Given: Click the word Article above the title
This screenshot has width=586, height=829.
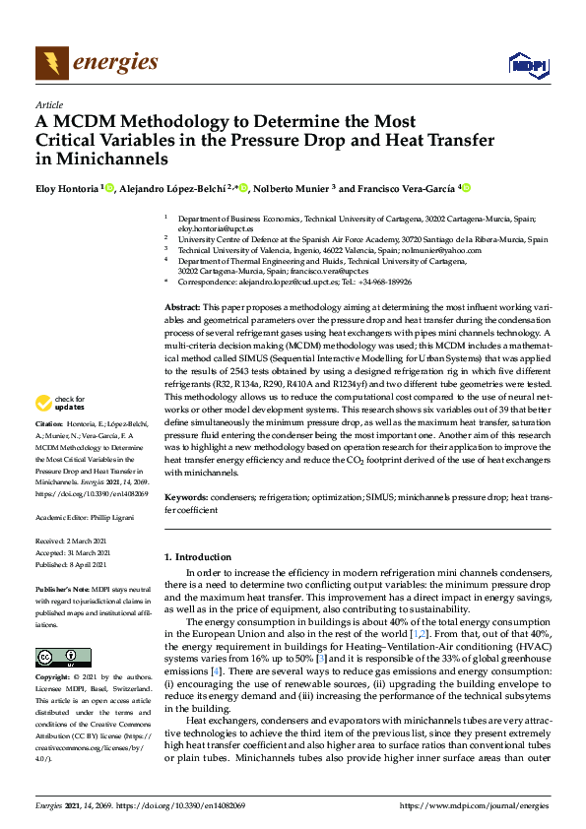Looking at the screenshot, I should click(x=48, y=104).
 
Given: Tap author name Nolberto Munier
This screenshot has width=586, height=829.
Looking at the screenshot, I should click(x=292, y=188).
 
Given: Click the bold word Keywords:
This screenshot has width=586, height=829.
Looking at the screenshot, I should click(x=186, y=499).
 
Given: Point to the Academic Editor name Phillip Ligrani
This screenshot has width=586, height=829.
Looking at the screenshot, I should click(x=113, y=516).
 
